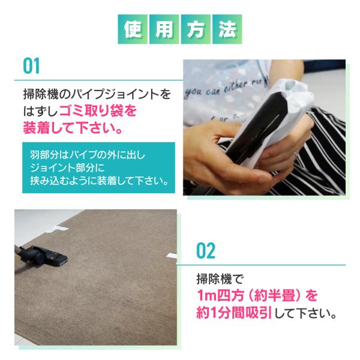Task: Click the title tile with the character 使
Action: (x=133, y=29)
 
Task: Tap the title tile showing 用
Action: (x=164, y=29)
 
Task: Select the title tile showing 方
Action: (x=196, y=29)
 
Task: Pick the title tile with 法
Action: (x=227, y=29)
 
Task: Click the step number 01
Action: (x=31, y=66)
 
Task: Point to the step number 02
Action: (x=206, y=250)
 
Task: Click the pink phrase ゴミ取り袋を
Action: (x=98, y=111)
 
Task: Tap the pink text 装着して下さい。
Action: (x=73, y=128)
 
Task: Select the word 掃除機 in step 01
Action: (x=41, y=94)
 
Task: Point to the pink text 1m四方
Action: (x=220, y=295)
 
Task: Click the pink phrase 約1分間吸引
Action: (x=234, y=313)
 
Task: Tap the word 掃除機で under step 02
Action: (x=220, y=279)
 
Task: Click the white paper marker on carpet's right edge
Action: (x=171, y=256)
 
